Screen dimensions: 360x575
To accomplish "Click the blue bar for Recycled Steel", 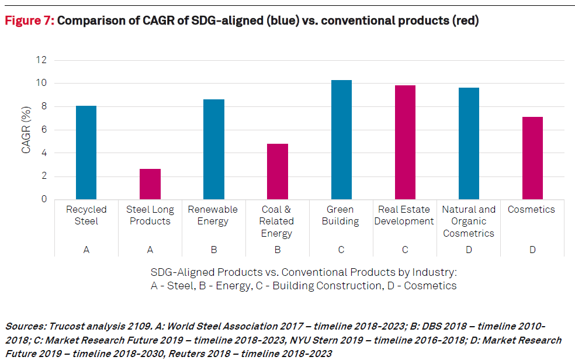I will [x=86, y=153].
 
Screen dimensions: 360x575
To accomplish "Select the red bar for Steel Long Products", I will [x=150, y=184].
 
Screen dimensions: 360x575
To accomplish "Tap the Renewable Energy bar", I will [x=214, y=150].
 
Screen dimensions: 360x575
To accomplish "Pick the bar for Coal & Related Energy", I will [x=278, y=171].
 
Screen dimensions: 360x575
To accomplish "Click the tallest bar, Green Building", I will [x=341, y=140].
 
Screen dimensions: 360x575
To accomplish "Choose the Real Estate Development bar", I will [x=405, y=143].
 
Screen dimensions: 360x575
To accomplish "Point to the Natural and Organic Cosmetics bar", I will [x=469, y=144].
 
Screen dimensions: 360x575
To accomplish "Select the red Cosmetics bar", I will [x=532, y=158].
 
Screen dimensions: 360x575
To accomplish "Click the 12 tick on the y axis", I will [x=41, y=60].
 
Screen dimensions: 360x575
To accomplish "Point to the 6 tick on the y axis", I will [x=44, y=130].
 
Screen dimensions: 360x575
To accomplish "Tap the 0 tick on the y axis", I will [x=44, y=199].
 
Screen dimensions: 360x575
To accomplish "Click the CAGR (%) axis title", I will [x=26, y=129].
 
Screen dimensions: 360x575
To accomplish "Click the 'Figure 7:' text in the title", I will [x=30, y=21].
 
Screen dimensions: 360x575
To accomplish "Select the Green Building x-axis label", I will [x=340, y=215].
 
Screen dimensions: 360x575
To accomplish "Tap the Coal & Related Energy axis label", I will [x=277, y=221].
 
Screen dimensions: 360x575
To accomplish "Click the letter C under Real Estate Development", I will [x=405, y=250].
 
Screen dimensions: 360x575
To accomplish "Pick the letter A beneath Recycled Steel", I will [x=86, y=250].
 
